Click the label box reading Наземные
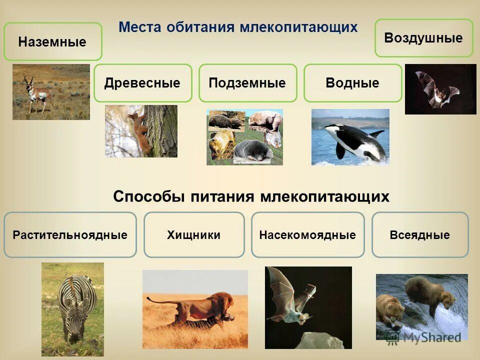52,42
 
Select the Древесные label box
142,83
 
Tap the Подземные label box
247,83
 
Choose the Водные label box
352,83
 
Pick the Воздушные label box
423,38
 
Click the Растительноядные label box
70,235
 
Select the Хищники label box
194,235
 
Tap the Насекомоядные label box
307,235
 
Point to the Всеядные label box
420,235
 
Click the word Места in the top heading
140,27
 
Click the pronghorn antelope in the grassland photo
38,93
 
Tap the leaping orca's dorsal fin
376,133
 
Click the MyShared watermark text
430,337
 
